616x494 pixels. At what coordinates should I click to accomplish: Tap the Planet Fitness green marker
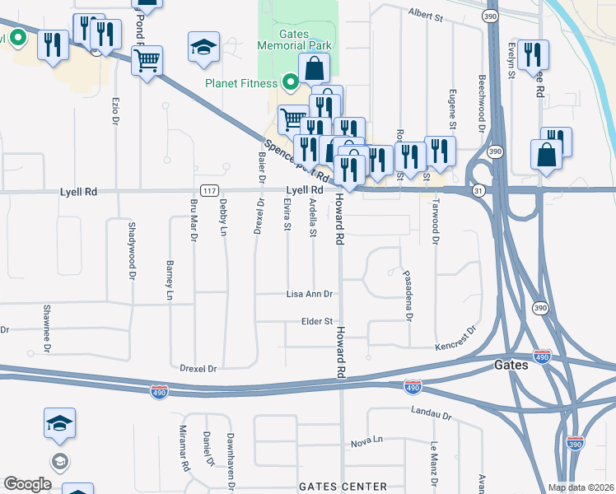coord(290,82)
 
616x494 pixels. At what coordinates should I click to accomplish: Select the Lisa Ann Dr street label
coord(309,294)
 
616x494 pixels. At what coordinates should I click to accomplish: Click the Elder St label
coord(316,321)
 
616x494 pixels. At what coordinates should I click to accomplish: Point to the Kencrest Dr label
coord(456,338)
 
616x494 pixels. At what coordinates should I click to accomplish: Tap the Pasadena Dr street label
coord(407,293)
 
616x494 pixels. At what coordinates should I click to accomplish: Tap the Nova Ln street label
coord(367,442)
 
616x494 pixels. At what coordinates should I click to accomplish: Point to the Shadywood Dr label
coord(131,251)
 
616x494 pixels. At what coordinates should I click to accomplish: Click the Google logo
coord(27,484)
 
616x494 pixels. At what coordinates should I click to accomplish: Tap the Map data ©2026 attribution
coord(581,487)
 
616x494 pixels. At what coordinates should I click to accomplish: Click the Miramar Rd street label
coord(184,448)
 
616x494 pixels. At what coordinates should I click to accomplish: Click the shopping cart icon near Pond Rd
coord(147,60)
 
